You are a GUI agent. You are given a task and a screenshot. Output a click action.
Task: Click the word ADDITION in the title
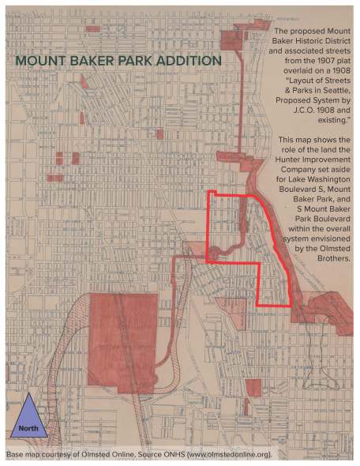click(x=188, y=61)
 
